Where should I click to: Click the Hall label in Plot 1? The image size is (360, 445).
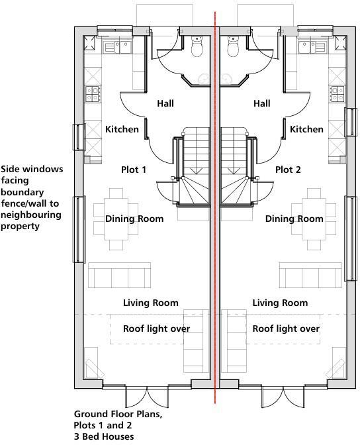point(165,104)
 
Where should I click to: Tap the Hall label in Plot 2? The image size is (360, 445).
point(262,104)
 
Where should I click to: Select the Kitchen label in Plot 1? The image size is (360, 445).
point(122,130)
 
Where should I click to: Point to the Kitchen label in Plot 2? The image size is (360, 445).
point(307,130)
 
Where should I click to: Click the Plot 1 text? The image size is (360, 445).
point(134,170)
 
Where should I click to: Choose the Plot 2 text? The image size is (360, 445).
point(288,170)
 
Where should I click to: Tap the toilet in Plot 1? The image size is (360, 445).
point(196,47)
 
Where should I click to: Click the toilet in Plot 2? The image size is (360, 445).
point(233,47)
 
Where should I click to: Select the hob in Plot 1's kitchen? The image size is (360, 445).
point(91,95)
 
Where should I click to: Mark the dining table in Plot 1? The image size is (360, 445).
point(117,214)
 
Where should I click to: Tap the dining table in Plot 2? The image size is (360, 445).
point(312,214)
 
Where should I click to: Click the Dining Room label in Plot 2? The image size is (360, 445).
point(294,219)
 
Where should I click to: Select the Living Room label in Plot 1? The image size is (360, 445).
point(151,303)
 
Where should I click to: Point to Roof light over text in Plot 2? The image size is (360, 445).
point(286,329)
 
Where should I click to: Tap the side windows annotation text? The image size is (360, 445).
point(32,197)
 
